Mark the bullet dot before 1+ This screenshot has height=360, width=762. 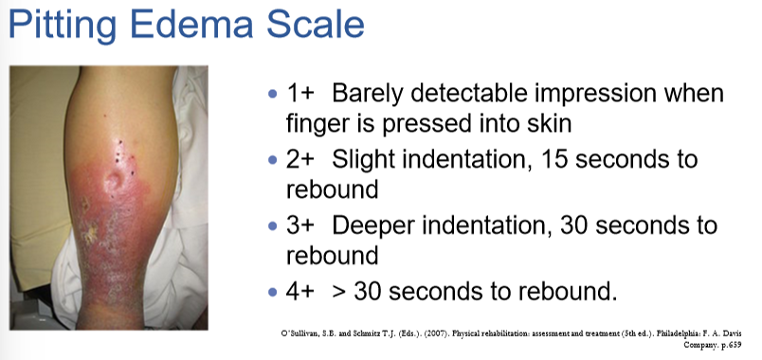pos(273,96)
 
